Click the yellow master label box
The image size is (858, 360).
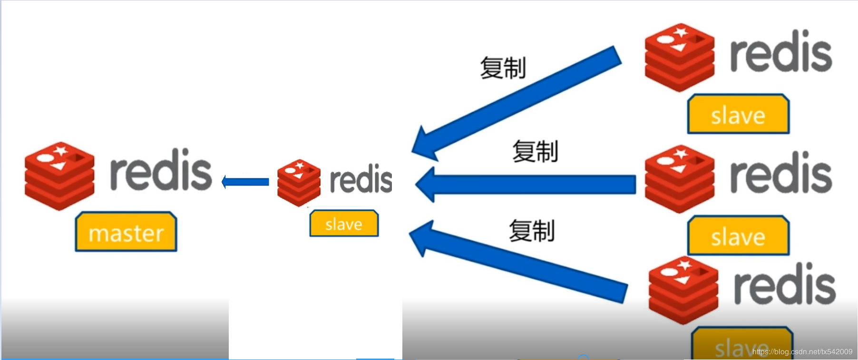click(126, 232)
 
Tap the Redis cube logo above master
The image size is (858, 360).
click(59, 175)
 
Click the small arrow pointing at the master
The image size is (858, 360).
click(245, 182)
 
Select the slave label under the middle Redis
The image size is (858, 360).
click(344, 224)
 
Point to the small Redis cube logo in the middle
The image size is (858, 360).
click(299, 183)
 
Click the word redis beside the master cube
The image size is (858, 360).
click(161, 170)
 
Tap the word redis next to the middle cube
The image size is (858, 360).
click(361, 180)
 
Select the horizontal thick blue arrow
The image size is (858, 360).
click(526, 185)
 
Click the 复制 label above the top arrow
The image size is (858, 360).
click(503, 68)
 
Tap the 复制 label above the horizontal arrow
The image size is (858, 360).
click(535, 152)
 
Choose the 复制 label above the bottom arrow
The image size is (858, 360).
click(532, 231)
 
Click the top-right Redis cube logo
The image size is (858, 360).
click(679, 57)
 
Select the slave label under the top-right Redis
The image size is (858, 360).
click(738, 115)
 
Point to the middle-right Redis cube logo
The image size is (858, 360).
click(679, 179)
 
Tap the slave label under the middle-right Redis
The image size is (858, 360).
click(738, 236)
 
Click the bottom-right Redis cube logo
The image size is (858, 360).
click(683, 290)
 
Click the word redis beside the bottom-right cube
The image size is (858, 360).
click(785, 284)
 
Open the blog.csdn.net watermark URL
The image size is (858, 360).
click(802, 352)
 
